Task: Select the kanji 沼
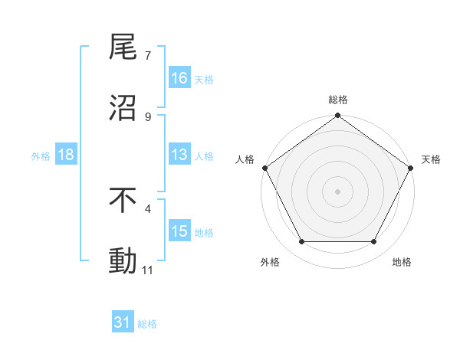click(x=123, y=109)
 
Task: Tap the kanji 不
click(x=123, y=201)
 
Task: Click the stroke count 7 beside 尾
click(x=148, y=56)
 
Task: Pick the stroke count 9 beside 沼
click(x=148, y=117)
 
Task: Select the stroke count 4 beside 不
click(x=148, y=208)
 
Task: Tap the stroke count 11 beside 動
click(x=148, y=270)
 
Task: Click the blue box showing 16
click(x=179, y=78)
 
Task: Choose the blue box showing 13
click(x=179, y=155)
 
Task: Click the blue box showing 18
click(x=66, y=155)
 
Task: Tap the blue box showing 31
click(x=123, y=323)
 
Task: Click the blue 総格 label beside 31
click(x=147, y=324)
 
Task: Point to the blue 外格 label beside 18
click(x=41, y=155)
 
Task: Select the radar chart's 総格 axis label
click(x=337, y=100)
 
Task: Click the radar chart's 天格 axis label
click(x=431, y=159)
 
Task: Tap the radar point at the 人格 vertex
click(x=264, y=168)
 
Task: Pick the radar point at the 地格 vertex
click(x=374, y=242)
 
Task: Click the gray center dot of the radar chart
click(x=337, y=191)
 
